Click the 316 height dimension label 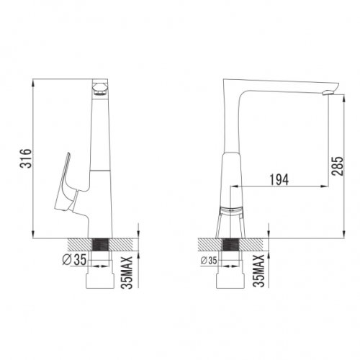point(25,158)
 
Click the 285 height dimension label point(338,166)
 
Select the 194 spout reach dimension point(279,180)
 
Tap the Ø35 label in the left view point(74,259)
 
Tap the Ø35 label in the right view point(209,261)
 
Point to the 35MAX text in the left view point(127,273)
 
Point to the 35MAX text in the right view point(258,271)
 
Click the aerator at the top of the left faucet point(100,88)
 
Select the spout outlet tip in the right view point(328,92)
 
